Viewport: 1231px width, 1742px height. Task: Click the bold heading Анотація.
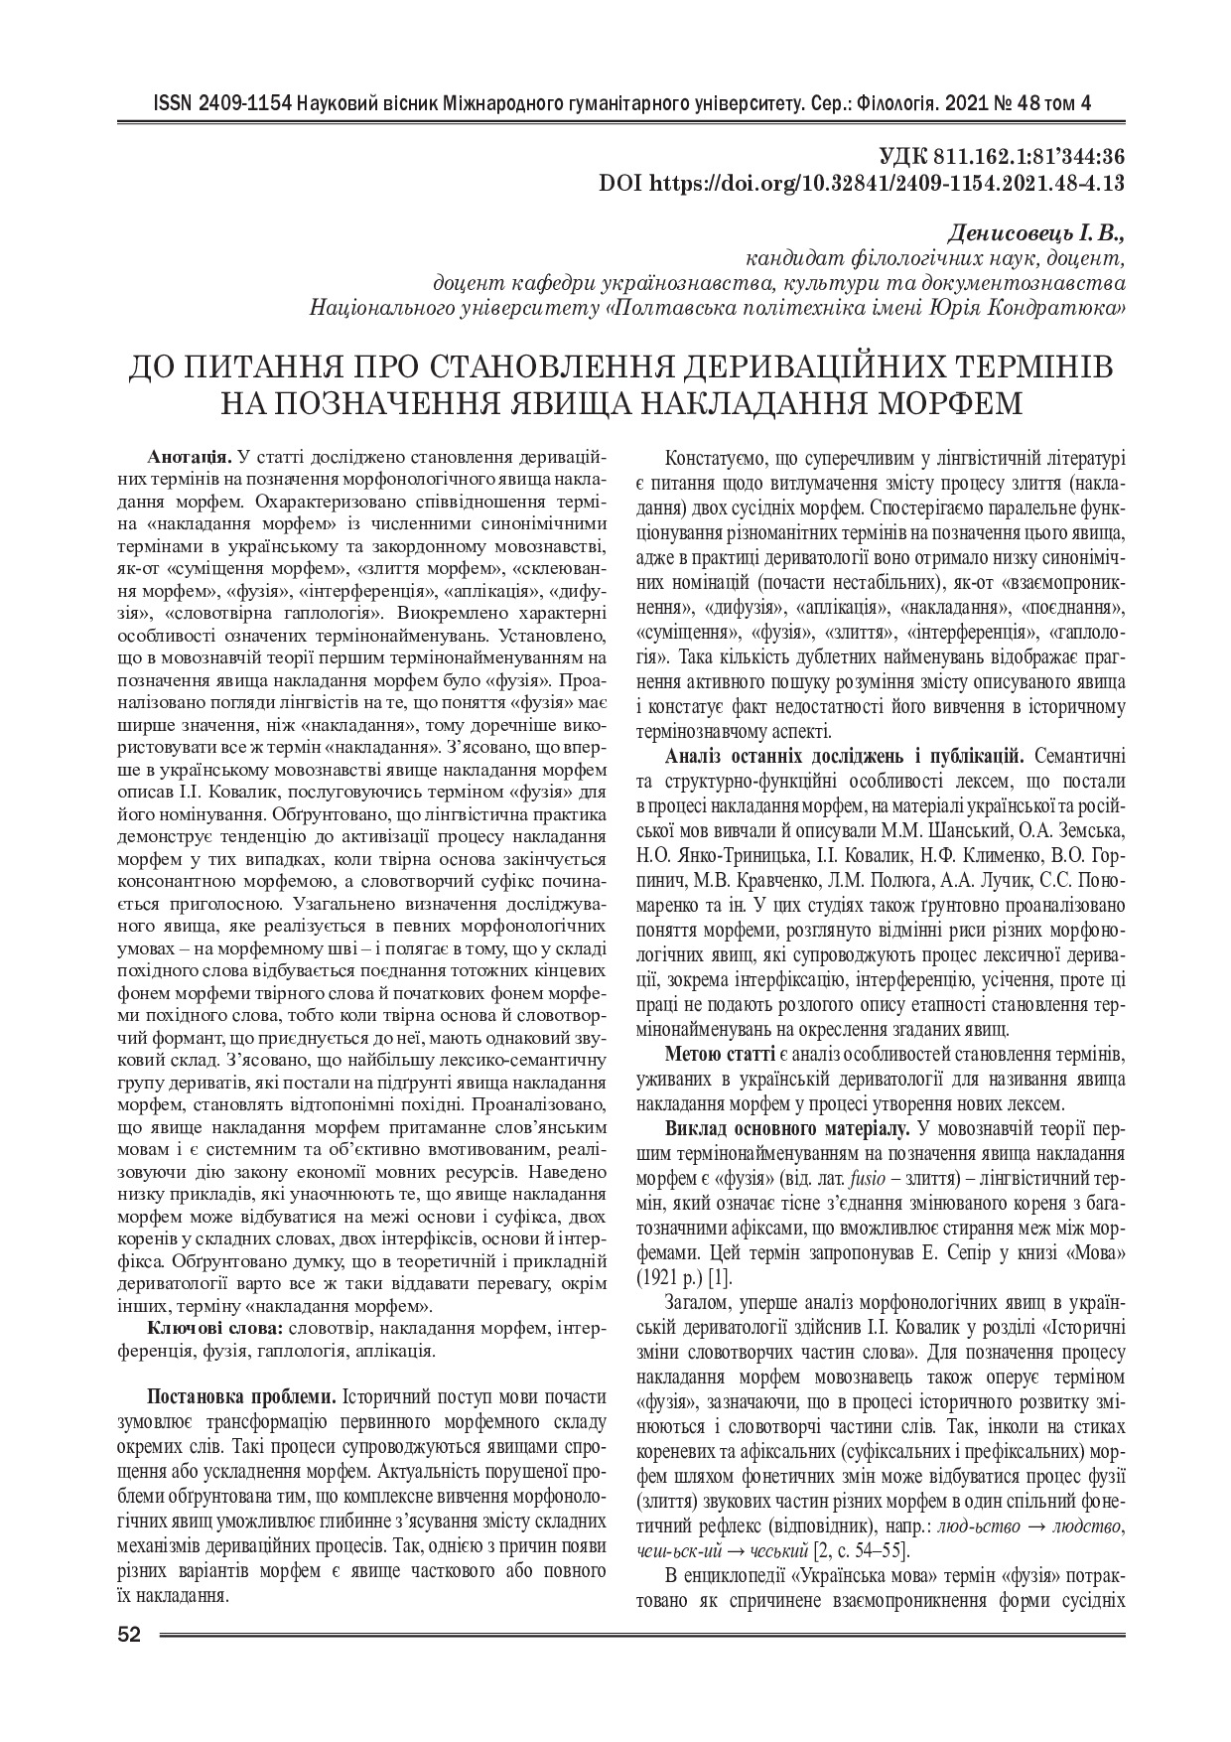pos(190,458)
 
